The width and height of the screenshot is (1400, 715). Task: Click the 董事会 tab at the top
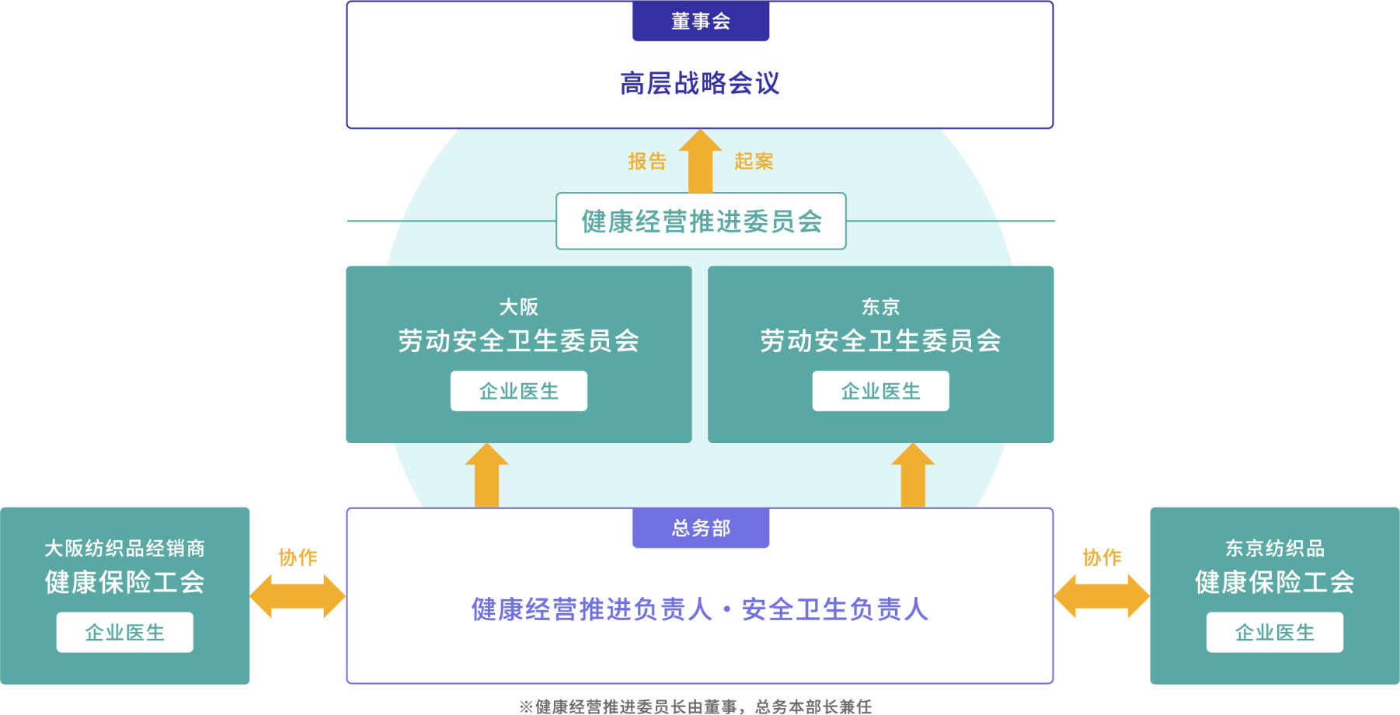pyautogui.click(x=700, y=21)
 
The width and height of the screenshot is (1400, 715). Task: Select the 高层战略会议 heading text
pyautogui.click(x=700, y=83)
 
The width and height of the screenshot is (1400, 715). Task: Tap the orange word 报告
pyautogui.click(x=647, y=161)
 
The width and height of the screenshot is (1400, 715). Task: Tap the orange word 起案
pyautogui.click(x=754, y=161)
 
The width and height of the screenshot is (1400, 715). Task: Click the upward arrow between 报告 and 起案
pyautogui.click(x=700, y=161)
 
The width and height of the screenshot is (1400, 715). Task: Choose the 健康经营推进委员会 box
pyautogui.click(x=701, y=221)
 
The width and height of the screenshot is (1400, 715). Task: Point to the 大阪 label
pyautogui.click(x=518, y=307)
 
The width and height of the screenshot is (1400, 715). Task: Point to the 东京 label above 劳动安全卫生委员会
pyautogui.click(x=880, y=307)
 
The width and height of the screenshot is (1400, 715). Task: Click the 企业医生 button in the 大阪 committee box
pyautogui.click(x=518, y=391)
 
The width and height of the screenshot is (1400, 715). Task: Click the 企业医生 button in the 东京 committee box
pyautogui.click(x=880, y=391)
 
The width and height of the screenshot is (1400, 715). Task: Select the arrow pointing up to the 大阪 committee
pyautogui.click(x=486, y=475)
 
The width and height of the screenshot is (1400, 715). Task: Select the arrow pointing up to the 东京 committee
pyautogui.click(x=912, y=475)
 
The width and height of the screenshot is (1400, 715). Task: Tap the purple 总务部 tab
pyautogui.click(x=700, y=528)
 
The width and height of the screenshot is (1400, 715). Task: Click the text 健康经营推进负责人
pyautogui.click(x=591, y=609)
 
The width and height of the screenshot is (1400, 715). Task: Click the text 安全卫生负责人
pyautogui.click(x=834, y=609)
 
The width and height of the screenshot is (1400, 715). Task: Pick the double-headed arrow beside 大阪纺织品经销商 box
pyautogui.click(x=298, y=596)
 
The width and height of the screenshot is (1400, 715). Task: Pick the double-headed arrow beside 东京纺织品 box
pyautogui.click(x=1101, y=596)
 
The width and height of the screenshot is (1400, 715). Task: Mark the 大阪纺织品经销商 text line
pyautogui.click(x=124, y=549)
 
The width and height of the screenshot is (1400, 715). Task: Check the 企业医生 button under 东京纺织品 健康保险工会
pyautogui.click(x=1274, y=633)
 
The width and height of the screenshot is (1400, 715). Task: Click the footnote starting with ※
pyautogui.click(x=695, y=706)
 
